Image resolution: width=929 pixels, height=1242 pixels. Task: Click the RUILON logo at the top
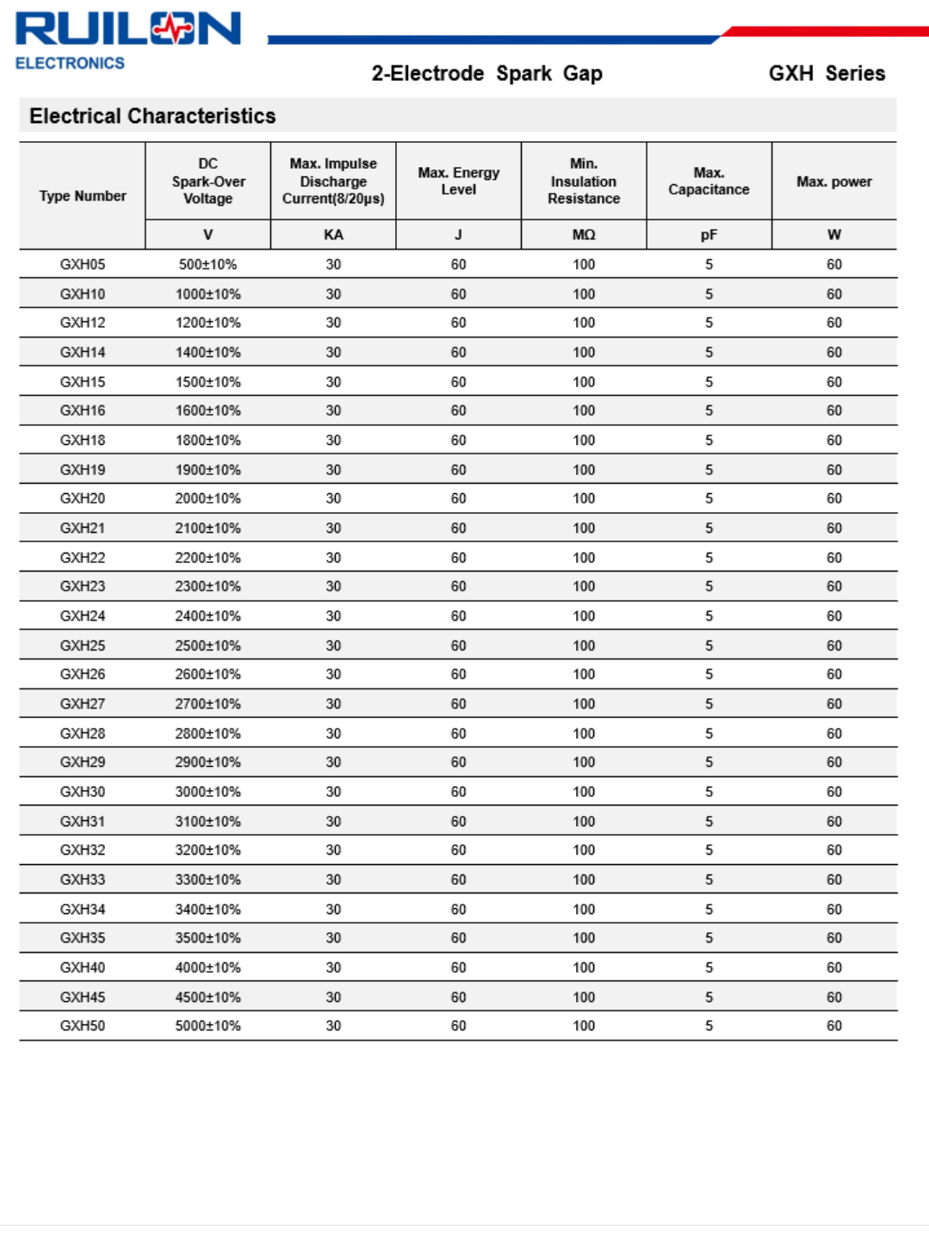[127, 29]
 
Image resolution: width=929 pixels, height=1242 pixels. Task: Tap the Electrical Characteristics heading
[152, 116]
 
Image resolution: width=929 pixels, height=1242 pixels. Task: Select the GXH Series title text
[827, 73]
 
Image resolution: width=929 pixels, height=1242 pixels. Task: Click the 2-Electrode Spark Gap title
[486, 73]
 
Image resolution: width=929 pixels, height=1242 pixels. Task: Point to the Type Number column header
[83, 196]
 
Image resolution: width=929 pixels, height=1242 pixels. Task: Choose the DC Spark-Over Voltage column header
[208, 181]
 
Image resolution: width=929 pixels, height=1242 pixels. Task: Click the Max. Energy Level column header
[458, 181]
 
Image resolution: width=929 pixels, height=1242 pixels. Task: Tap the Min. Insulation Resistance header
[584, 181]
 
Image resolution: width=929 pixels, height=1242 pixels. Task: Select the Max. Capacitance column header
[709, 181]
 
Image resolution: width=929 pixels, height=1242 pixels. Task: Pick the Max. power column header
[833, 182]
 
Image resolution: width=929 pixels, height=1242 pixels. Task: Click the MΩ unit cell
[584, 235]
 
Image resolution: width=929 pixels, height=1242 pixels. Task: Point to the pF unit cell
[709, 235]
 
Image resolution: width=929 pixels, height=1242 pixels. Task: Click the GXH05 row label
[83, 264]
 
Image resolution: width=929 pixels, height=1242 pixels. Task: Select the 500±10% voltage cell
[207, 264]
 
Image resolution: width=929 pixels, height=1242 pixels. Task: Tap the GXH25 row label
[83, 646]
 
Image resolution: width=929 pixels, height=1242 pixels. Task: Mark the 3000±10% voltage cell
[207, 792]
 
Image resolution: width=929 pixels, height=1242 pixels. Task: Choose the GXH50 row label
[83, 1026]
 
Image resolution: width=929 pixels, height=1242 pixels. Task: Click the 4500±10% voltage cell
[207, 997]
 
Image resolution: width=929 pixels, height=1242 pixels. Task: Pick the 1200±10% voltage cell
[207, 323]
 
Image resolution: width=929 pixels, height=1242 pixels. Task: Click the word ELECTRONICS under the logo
[70, 63]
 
